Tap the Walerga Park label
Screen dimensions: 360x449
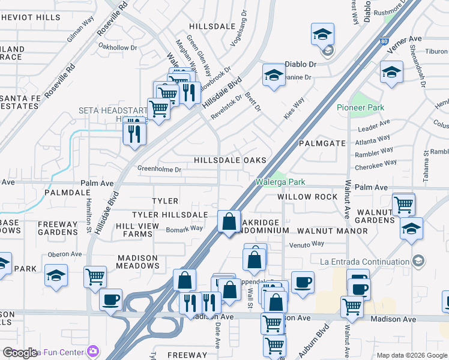[x=280, y=181]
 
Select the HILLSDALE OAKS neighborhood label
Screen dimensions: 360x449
[x=229, y=160]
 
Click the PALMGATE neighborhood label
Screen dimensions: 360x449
[x=322, y=143]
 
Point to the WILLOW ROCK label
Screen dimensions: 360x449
[x=303, y=197]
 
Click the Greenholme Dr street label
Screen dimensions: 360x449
[x=159, y=169]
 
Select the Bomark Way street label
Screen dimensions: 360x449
[x=184, y=228]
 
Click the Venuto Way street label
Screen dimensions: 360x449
[x=307, y=244]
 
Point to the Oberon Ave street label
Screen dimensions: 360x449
[x=64, y=254]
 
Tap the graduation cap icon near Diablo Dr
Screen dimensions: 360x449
[x=322, y=35]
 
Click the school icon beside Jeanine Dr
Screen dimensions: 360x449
[x=274, y=75]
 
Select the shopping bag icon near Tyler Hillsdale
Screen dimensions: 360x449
[x=229, y=221]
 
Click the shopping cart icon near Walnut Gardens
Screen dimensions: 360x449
[x=403, y=204]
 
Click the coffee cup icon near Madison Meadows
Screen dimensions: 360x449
[x=110, y=299]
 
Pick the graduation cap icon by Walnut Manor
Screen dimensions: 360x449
[x=411, y=229]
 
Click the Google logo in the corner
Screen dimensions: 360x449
[x=20, y=353]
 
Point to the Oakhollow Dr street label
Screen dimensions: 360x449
[x=118, y=47]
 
